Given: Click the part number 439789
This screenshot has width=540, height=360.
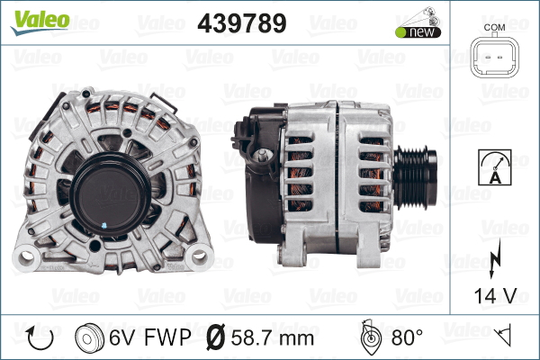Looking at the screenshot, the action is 242,23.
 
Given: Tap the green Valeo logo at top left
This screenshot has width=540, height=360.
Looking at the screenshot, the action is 40,22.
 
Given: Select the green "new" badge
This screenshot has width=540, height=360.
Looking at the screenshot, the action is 418,32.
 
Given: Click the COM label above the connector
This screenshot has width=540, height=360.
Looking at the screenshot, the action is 494,27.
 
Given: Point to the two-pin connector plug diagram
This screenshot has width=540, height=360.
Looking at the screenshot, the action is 494,57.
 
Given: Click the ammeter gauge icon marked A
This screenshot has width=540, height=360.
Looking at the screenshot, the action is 494,167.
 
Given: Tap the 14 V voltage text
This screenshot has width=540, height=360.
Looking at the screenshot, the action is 495,295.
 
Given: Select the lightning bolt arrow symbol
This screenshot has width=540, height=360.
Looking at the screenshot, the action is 494,259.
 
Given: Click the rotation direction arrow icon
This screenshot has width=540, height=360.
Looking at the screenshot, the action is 40,338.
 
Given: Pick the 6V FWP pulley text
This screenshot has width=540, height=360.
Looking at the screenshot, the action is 149,337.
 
